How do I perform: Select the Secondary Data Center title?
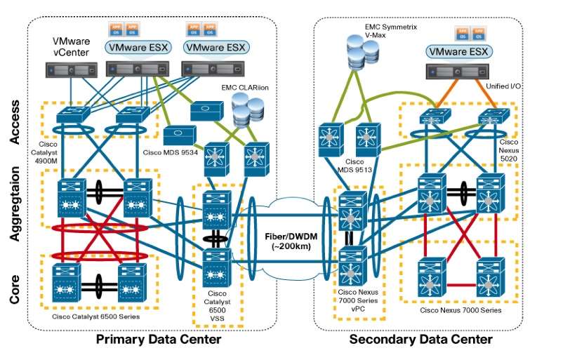click(x=421, y=340)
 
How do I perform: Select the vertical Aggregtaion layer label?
click(x=15, y=208)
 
